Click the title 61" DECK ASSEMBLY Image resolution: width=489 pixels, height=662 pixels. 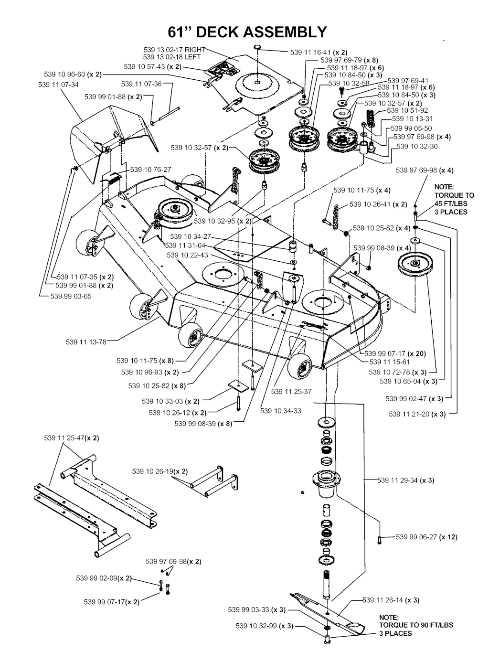[x=247, y=32]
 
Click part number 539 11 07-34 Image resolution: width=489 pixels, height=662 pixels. [x=58, y=85]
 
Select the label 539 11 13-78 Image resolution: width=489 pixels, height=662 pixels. [x=86, y=342]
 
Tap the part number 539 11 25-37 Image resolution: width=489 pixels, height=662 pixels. [x=291, y=392]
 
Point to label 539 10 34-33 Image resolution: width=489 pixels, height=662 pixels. [x=281, y=411]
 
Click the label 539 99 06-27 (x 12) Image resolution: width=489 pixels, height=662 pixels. [x=426, y=537]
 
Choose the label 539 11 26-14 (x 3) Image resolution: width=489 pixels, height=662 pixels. [x=391, y=600]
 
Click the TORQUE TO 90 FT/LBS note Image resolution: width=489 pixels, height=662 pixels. [x=416, y=625]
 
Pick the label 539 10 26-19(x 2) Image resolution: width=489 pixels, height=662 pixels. [x=160, y=471]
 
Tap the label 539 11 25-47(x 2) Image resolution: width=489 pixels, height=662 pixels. [x=72, y=438]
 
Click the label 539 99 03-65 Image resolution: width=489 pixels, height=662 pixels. [x=71, y=296]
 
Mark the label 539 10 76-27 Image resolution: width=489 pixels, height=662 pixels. [x=150, y=170]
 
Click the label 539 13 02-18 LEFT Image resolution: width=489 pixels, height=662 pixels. [x=172, y=57]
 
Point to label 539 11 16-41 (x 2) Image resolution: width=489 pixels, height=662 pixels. [x=319, y=53]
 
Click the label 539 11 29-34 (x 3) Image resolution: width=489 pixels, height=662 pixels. [x=405, y=480]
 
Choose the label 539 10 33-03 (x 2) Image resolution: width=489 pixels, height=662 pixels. [x=170, y=401]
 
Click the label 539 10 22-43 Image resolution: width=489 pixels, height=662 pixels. [x=187, y=256]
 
